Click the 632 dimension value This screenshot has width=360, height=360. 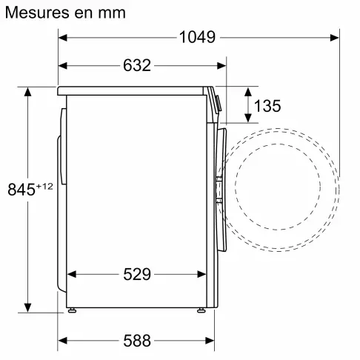[x=137, y=65]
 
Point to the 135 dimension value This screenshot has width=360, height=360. [x=267, y=106]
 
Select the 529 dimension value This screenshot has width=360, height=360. [x=137, y=275]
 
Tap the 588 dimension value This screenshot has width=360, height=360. [x=137, y=341]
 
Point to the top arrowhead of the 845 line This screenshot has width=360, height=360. [x=28, y=92]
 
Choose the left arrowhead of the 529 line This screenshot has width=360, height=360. [x=71, y=275]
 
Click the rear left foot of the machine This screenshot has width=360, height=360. [x=71, y=308]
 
